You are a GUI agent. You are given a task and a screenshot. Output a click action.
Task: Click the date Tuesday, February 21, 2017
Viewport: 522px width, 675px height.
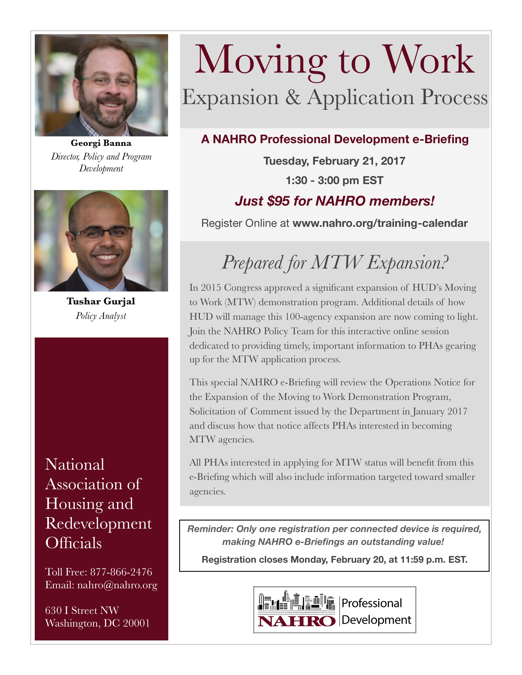tap(334, 161)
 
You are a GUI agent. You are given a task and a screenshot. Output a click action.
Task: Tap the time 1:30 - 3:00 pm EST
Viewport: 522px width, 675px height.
tap(334, 180)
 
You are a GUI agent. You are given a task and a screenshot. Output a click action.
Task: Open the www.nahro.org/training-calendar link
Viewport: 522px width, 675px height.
tap(380, 223)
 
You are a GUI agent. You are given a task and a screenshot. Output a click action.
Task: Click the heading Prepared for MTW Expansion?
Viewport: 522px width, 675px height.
tap(335, 263)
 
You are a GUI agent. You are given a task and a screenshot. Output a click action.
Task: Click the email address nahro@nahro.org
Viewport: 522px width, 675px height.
tap(117, 585)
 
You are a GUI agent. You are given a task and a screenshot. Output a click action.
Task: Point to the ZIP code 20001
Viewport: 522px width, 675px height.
tap(136, 623)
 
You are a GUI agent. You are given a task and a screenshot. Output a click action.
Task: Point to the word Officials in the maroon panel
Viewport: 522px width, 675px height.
tap(74, 543)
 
